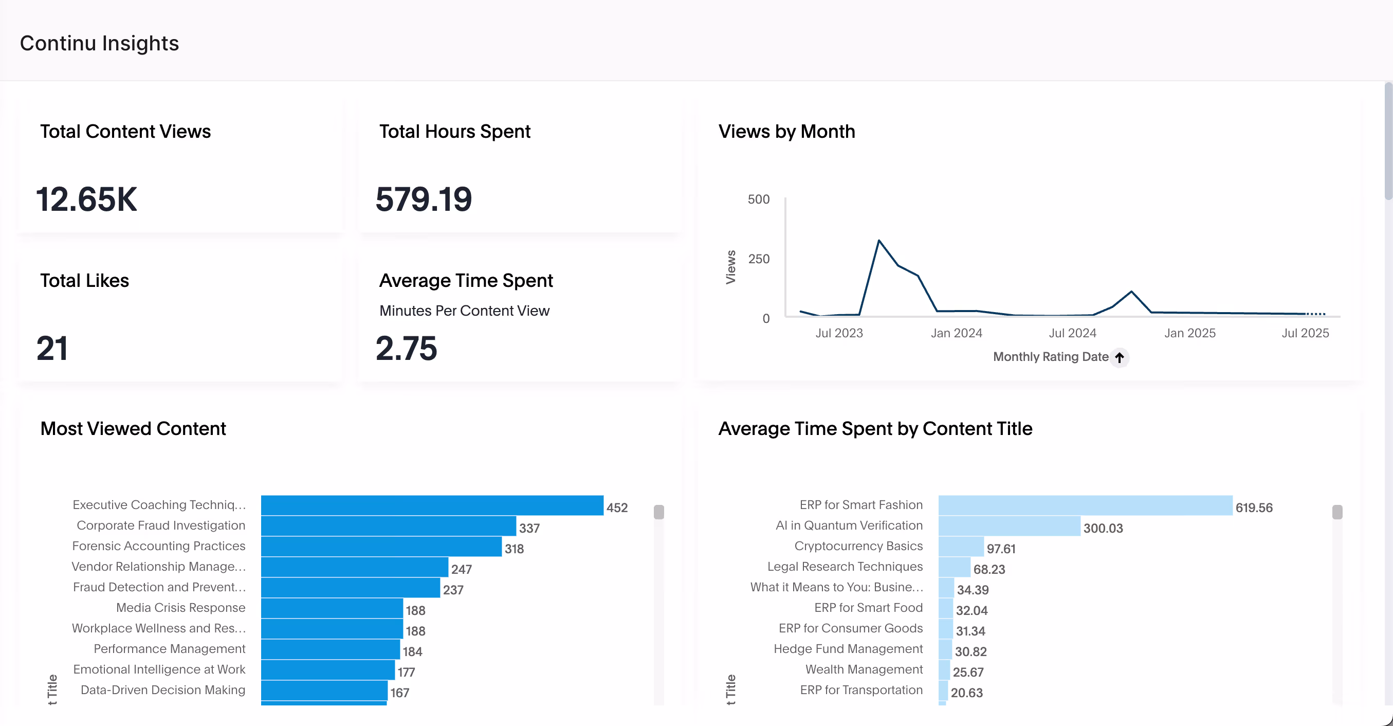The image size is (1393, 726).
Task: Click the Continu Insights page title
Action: point(99,43)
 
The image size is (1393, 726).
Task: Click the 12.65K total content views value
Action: point(86,199)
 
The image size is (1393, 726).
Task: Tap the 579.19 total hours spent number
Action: point(424,199)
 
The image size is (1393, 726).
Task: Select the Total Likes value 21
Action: point(52,348)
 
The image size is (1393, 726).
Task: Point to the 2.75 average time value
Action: point(406,348)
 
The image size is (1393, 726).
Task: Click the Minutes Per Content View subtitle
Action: point(464,311)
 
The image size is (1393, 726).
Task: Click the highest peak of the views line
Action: point(879,241)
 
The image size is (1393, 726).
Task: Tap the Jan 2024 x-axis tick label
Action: point(956,333)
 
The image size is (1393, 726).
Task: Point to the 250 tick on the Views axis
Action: point(758,259)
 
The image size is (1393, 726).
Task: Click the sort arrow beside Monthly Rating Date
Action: point(1120,357)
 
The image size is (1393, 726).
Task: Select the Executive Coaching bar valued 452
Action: point(432,505)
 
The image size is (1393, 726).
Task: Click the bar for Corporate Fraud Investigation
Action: point(388,526)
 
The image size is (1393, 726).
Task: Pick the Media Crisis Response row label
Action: point(180,608)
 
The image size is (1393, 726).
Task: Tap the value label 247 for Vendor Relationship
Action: point(461,569)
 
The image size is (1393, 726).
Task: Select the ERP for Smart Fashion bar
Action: point(1085,505)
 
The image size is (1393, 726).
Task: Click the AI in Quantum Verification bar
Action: point(1009,526)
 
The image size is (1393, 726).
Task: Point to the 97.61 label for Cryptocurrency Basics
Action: point(1000,549)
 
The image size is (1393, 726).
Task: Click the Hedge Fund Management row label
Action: point(848,649)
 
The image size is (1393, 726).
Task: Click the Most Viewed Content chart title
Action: point(133,428)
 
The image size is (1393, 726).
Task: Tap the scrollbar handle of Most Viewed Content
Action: point(658,512)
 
